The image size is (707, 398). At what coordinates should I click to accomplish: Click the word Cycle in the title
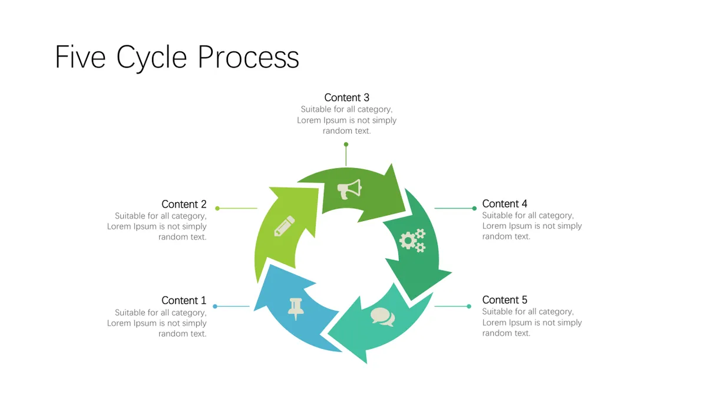[x=152, y=58]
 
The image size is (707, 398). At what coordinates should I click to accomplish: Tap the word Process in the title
[x=249, y=57]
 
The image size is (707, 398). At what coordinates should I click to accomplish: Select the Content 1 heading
[x=184, y=300]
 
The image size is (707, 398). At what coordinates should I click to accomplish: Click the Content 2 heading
[x=184, y=205]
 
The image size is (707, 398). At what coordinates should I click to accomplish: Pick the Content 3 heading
[x=346, y=98]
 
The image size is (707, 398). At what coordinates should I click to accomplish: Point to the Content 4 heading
[x=504, y=204]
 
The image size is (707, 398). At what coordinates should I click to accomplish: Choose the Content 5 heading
[x=504, y=300]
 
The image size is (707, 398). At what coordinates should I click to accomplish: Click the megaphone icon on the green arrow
[x=349, y=189]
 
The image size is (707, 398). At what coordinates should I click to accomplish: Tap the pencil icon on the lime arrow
[x=285, y=226]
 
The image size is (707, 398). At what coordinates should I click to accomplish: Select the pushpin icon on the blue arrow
[x=296, y=309]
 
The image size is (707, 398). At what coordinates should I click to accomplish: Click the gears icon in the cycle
[x=412, y=241]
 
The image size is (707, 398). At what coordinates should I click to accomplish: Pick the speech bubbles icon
[x=382, y=317]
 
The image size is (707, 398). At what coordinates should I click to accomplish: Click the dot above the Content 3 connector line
[x=346, y=144]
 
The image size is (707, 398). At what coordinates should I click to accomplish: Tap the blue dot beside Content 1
[x=215, y=306]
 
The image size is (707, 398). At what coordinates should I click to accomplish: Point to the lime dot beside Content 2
[x=217, y=208]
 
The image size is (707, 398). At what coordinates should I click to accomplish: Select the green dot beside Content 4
[x=474, y=208]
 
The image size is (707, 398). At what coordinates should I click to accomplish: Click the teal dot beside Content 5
[x=469, y=306]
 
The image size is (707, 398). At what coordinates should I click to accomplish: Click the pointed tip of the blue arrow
[x=270, y=265]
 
